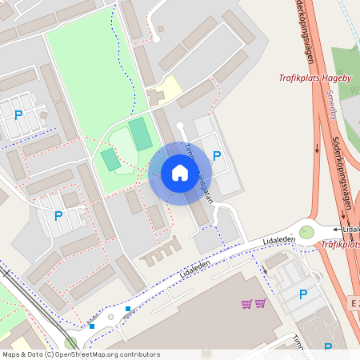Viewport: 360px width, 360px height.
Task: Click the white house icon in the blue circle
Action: click(x=180, y=173)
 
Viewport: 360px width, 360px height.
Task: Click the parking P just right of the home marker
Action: click(x=217, y=156)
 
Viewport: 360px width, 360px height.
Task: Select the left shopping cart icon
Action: click(x=246, y=303)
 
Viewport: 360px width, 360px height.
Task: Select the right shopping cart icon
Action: click(x=260, y=303)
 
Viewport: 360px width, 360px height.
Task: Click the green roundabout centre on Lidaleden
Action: click(x=306, y=232)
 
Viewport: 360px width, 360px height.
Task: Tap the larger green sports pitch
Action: click(x=141, y=134)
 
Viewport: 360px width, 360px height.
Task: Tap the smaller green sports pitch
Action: click(x=110, y=158)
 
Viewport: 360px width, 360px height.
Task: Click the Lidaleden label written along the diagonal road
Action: click(x=195, y=266)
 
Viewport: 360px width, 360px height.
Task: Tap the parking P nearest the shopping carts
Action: click(x=303, y=294)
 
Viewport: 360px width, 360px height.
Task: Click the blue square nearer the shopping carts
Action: click(x=128, y=309)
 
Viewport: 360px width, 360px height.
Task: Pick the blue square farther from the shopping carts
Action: click(x=93, y=326)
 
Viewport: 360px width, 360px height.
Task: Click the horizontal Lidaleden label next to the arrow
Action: click(x=350, y=230)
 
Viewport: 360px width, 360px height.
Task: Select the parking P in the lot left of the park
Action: click(x=18, y=114)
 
